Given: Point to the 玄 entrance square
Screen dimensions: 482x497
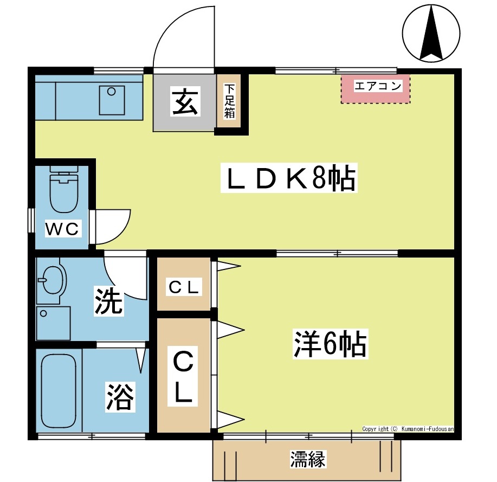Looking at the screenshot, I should tap(184, 102).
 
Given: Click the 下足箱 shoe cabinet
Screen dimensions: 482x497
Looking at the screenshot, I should tap(230, 102).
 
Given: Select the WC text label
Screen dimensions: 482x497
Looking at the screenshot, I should tap(62, 229).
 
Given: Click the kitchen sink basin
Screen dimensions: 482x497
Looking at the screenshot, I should tap(112, 101).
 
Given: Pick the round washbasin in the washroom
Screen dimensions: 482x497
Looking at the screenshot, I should tap(52, 280).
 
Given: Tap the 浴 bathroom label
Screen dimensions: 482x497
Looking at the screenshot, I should tap(119, 397).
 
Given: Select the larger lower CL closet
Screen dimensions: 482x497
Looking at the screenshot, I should tap(184, 377).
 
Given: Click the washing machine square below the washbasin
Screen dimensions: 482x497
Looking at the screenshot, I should tap(54, 323).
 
